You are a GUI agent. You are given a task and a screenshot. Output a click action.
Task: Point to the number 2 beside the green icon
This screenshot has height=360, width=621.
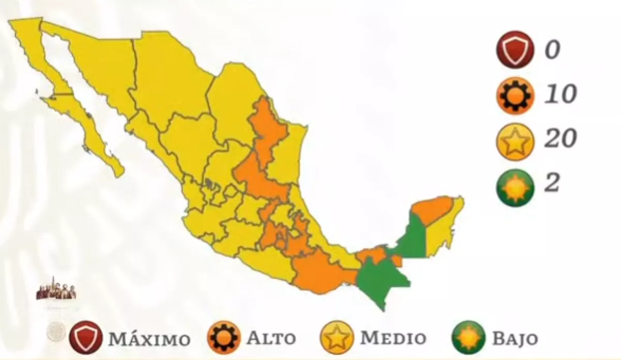pos(552,183)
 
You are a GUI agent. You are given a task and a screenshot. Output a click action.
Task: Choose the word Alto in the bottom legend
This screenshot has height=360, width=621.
pos(271,339)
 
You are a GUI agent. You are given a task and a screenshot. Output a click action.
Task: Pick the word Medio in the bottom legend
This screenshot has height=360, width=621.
pos(393,339)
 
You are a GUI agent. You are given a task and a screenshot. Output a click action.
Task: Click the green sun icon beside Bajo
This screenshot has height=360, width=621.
pos(467,338)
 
